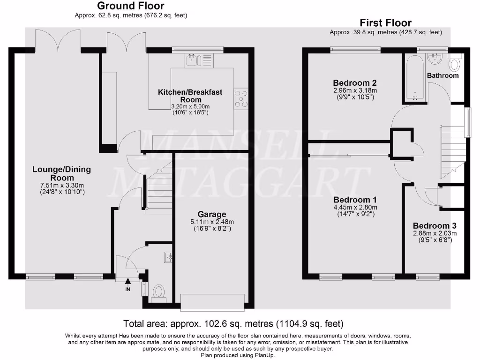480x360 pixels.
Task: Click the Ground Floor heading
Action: coord(131,6)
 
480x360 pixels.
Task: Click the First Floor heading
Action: coord(385,22)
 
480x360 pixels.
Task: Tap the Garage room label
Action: coord(212,214)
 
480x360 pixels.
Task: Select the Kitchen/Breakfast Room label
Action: coord(190,96)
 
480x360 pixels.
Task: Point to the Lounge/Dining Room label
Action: coord(62,173)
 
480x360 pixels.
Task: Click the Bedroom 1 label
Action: coord(355,200)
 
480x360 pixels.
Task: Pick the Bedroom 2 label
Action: coord(355,83)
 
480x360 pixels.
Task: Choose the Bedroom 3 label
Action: coord(435,226)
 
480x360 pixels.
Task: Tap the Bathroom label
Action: coord(443,75)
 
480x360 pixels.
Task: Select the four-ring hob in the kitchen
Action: coord(241,98)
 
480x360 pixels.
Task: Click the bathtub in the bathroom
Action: coord(415,77)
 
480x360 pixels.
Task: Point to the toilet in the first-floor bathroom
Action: coord(455,63)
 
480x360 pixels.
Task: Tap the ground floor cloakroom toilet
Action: coord(158,292)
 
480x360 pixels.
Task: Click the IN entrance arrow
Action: coord(127,280)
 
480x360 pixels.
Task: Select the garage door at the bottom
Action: coord(212,302)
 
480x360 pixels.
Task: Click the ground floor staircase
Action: coord(158,187)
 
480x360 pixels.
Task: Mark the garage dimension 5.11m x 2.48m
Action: coord(212,222)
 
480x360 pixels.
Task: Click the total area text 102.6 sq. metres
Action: coord(222,323)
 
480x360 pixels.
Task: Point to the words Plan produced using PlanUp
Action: coord(238,355)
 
